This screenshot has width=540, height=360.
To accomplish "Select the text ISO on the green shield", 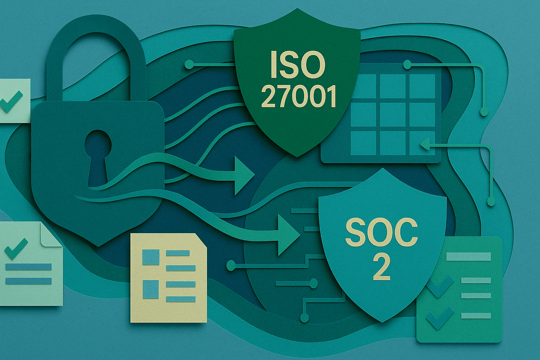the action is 297,65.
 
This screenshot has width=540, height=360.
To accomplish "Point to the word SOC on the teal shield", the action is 382,232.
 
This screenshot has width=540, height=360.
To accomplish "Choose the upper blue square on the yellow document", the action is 151,257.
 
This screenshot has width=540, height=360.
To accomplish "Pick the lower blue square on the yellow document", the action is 151,289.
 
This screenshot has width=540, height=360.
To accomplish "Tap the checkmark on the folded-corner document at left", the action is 16,248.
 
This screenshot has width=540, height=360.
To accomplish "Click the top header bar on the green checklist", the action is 468,256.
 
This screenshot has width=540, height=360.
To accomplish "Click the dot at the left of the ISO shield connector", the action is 189,64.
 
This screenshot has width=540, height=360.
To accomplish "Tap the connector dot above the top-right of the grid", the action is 407,64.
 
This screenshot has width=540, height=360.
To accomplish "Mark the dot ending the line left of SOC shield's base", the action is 305,318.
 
